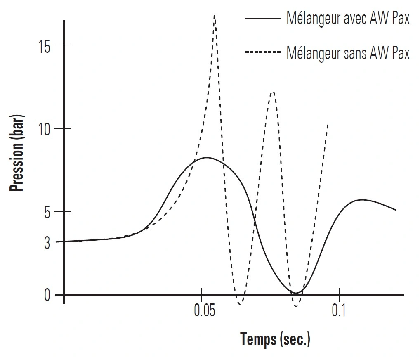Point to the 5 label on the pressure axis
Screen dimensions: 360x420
[47, 212]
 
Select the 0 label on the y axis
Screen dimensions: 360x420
[47, 295]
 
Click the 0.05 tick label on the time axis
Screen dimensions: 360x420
[205, 311]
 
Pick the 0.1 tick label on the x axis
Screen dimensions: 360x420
[338, 311]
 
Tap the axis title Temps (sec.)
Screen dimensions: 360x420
[275, 339]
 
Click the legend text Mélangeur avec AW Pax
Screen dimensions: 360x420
[348, 19]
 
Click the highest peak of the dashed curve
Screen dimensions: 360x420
[215, 16]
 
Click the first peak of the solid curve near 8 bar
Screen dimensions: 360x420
[206, 158]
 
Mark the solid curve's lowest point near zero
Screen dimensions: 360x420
[295, 293]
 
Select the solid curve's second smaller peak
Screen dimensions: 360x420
[362, 200]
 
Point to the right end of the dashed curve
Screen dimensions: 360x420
[328, 124]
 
